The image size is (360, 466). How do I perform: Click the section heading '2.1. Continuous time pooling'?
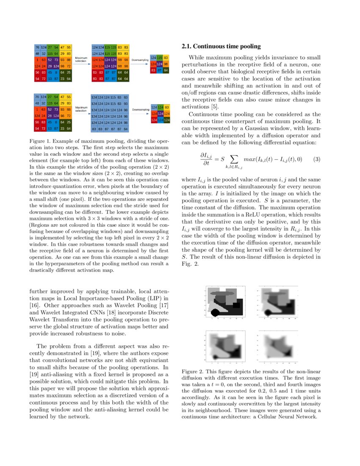(x=221, y=46)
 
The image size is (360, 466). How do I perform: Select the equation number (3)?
(x=316, y=159)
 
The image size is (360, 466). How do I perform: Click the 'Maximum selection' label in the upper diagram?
(x=80, y=59)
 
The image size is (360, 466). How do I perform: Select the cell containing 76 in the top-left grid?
(x=37, y=47)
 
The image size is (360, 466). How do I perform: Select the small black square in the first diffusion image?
(x=236, y=305)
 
